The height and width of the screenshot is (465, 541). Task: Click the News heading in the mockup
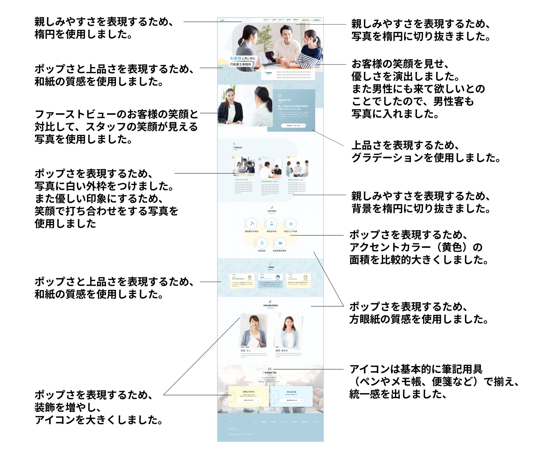tap(268, 73)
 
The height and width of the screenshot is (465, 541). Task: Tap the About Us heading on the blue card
tap(284, 100)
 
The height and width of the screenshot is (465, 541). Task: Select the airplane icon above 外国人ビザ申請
tap(291, 224)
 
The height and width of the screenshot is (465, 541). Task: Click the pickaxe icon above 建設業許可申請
tap(252, 224)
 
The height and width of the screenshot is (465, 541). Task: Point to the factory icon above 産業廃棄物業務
tap(280, 243)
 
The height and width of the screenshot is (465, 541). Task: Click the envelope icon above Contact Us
tap(270, 369)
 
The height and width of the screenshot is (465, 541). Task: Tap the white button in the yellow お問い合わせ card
tap(248, 400)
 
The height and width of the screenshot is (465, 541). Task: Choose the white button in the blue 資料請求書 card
tap(292, 400)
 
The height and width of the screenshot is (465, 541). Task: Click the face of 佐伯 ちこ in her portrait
tap(253, 321)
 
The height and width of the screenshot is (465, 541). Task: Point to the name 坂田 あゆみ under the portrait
tap(281, 350)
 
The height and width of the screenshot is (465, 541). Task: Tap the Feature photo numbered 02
tap(270, 168)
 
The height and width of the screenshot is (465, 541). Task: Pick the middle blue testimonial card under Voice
tap(270, 281)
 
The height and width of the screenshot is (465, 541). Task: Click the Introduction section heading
tap(270, 305)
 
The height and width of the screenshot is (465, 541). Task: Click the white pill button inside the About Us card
tap(293, 126)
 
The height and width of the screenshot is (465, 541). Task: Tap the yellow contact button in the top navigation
tap(305, 20)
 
